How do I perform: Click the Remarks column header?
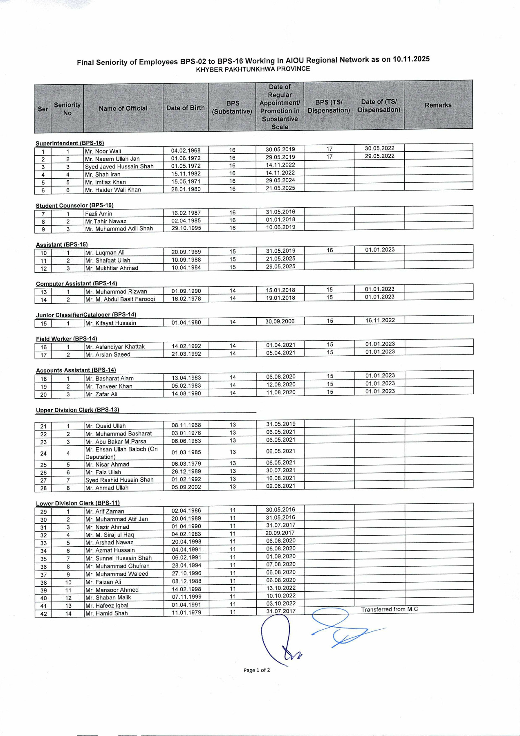tap(438, 105)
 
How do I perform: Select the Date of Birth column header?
tap(185, 108)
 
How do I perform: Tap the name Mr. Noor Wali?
tap(103, 151)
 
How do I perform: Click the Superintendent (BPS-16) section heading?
tap(70, 143)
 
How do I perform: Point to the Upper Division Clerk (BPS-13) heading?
tap(78, 410)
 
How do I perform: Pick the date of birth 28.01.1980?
tap(186, 189)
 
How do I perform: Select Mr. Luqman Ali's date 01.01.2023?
tap(380, 250)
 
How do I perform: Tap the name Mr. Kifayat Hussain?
tap(110, 323)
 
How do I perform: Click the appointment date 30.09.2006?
tap(280, 321)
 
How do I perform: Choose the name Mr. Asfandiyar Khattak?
tap(115, 347)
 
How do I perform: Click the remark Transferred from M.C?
tap(389, 609)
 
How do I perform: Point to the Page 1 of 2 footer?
tap(257, 670)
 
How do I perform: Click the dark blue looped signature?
tap(278, 638)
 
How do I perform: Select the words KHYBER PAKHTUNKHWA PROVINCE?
tap(253, 69)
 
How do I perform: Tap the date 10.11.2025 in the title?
tap(411, 59)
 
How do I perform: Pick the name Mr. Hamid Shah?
tap(106, 613)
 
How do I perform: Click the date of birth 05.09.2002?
tap(186, 487)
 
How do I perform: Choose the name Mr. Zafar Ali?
tap(101, 394)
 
